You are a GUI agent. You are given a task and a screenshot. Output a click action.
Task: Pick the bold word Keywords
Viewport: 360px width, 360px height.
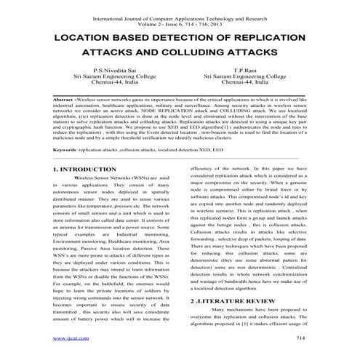pos(69,149)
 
